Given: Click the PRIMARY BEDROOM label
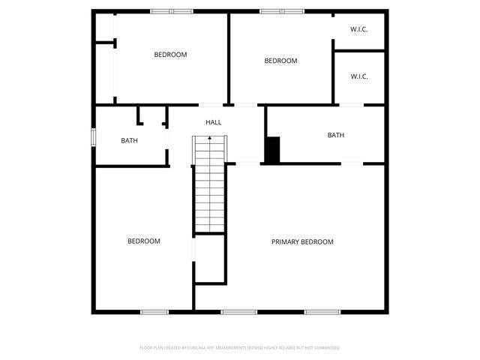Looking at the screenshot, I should coord(302,241).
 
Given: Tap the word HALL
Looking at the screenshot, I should coord(214,122).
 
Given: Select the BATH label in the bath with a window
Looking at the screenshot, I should coord(130,140).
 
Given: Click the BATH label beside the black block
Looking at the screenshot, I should coord(335,135).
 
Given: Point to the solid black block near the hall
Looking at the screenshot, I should coord(272,149).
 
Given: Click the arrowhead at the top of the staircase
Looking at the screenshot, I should coord(210,138).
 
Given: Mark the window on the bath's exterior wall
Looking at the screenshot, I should coord(94,138).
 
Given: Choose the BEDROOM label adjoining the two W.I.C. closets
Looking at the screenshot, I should coord(281,61).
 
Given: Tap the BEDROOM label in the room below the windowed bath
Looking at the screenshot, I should coord(143,241).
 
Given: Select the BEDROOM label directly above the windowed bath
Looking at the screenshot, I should coord(170,54).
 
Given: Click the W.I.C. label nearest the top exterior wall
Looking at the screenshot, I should coord(358,29).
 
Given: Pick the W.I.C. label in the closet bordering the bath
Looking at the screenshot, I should coord(358,76).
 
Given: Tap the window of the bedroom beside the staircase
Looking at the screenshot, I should coord(154,311).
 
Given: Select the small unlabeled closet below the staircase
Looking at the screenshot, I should coord(210,259).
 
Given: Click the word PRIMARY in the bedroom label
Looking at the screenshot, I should coord(285,241).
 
